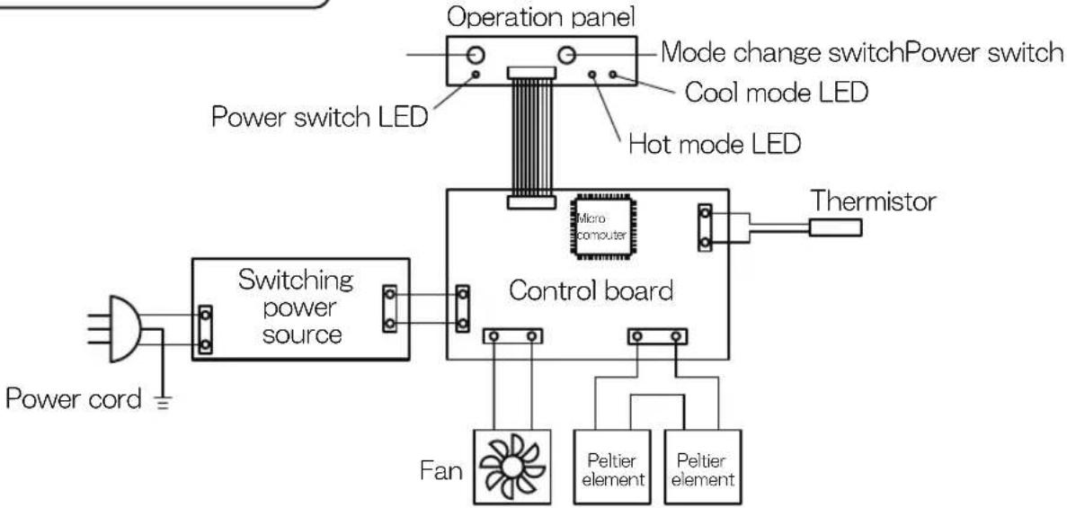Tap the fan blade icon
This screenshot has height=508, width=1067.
pos(511,468)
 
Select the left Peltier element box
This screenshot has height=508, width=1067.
pos(612,468)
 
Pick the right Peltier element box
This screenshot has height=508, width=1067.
pos(703,468)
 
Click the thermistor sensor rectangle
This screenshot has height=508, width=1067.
pos(835,227)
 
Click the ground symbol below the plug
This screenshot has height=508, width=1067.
pos(162,402)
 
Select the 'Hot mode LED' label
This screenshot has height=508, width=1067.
pos(715,145)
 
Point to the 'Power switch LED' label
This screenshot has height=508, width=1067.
pos(320,117)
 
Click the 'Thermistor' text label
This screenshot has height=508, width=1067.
pos(873,201)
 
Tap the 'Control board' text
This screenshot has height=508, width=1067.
pos(591,290)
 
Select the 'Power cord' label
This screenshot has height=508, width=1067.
pos(74,399)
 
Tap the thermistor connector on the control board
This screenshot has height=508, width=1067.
pos(705,227)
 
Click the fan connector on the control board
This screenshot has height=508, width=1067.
pos(512,335)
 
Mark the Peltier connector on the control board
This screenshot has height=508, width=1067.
pos(657,335)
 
